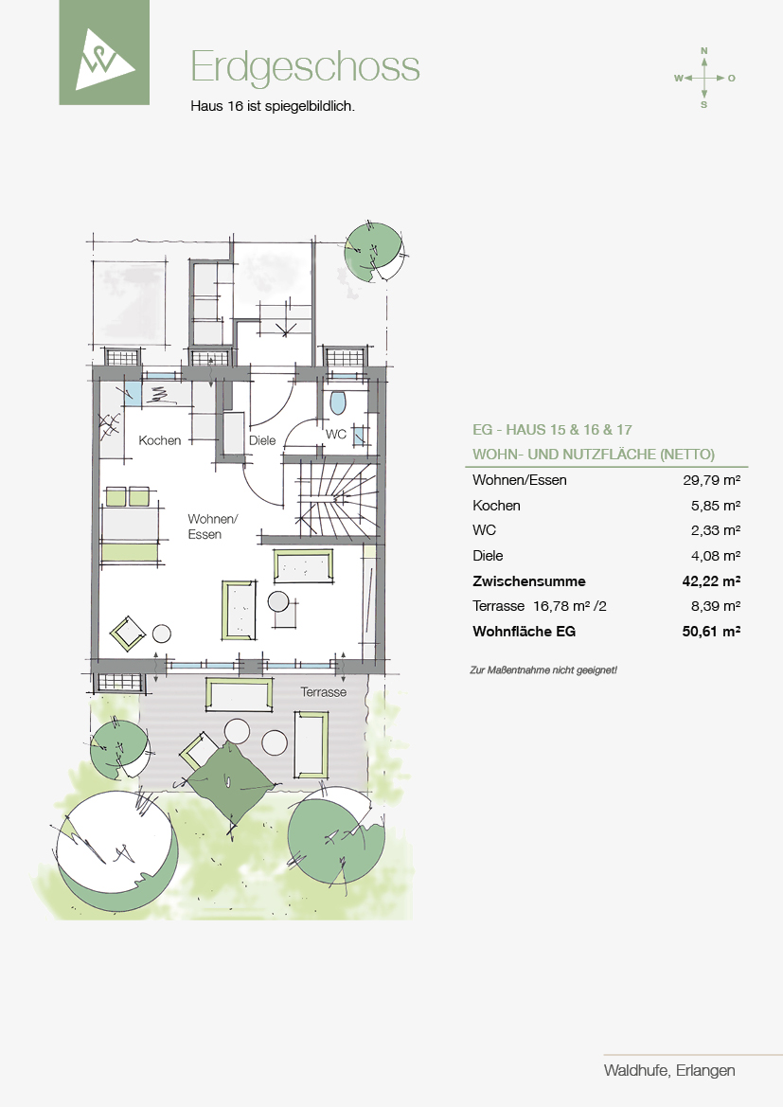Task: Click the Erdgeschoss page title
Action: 305,68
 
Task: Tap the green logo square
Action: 104,52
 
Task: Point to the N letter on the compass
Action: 703,51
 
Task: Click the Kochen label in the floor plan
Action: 160,440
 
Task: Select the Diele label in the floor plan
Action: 262,440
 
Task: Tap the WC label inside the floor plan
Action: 335,434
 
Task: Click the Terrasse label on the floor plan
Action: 324,692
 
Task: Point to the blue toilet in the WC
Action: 338,402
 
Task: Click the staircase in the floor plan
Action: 335,498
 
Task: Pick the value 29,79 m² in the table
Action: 712,480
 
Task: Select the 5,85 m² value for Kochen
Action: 716,506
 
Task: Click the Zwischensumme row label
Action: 529,581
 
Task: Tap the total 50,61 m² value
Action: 711,632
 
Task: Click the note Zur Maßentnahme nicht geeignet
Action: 543,670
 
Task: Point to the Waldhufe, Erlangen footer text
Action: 669,1070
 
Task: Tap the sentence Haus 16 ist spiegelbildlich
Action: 273,107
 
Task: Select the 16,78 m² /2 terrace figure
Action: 570,606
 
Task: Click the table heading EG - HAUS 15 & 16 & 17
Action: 552,429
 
